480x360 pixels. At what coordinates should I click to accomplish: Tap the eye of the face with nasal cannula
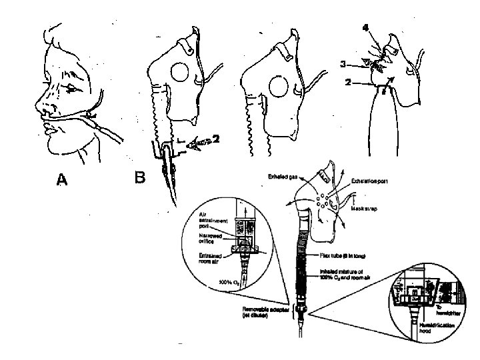pyautogui.click(x=69, y=87)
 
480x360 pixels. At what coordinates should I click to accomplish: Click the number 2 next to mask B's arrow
pyautogui.click(x=217, y=140)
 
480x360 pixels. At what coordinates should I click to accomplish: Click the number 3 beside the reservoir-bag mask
pyautogui.click(x=343, y=65)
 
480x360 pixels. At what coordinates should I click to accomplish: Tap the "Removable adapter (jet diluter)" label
pyautogui.click(x=264, y=313)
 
